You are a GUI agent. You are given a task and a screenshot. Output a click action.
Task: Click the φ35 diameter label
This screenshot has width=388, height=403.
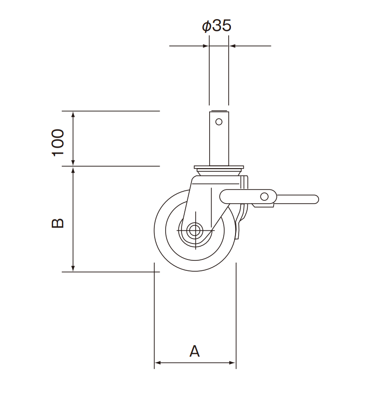(216, 26)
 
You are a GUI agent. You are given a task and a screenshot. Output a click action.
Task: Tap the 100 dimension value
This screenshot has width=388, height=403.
(58, 142)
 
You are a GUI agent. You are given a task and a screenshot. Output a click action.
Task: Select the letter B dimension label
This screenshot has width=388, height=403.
(58, 223)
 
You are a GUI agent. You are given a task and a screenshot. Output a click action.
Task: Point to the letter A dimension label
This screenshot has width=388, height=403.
(195, 351)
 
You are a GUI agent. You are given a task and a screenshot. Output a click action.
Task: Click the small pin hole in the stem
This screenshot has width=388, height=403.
(219, 122)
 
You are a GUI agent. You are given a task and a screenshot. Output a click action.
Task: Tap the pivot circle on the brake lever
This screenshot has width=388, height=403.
(264, 197)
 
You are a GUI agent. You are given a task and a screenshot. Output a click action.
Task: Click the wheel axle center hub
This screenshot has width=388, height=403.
(194, 230)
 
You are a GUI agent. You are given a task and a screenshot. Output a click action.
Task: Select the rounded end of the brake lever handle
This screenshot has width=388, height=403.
(314, 199)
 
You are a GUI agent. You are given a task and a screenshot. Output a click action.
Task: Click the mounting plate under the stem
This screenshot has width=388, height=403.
(219, 168)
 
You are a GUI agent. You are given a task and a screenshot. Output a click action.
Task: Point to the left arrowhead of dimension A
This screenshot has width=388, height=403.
(157, 363)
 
